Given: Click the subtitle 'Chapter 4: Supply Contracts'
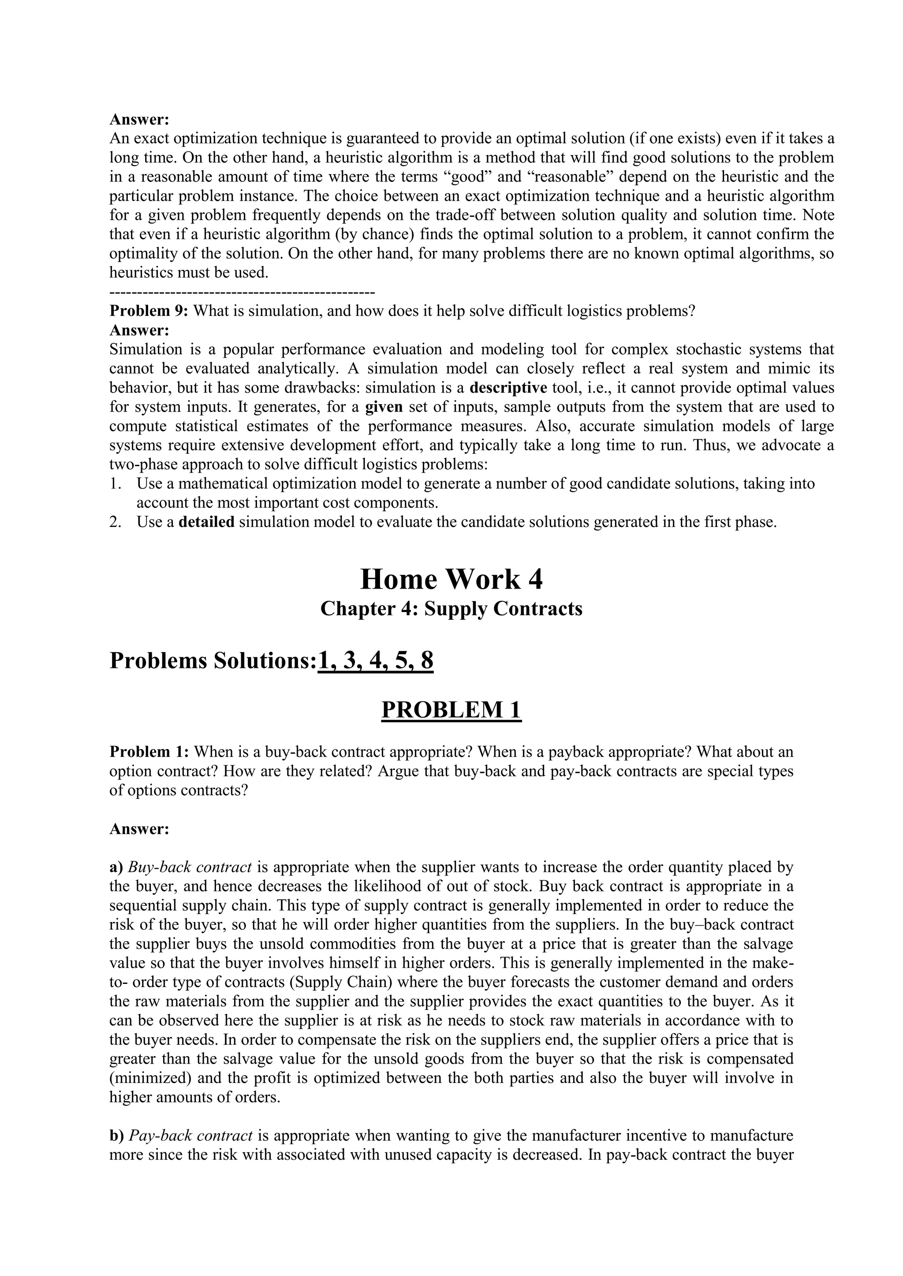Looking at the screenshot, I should point(451,608).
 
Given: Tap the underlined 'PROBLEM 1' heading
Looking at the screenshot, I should point(451,710).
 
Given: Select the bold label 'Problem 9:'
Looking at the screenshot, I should point(149,311).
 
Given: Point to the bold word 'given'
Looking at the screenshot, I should point(384,407).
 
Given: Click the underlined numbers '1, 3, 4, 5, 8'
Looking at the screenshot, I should point(375,661).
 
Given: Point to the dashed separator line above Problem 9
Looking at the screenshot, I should point(242,292).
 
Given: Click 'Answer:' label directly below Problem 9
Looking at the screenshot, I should point(139,330).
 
